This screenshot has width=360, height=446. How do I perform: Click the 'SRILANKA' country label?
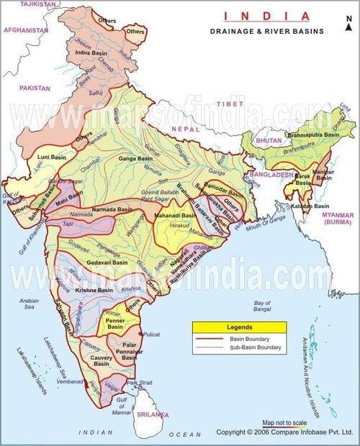point(154,415)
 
